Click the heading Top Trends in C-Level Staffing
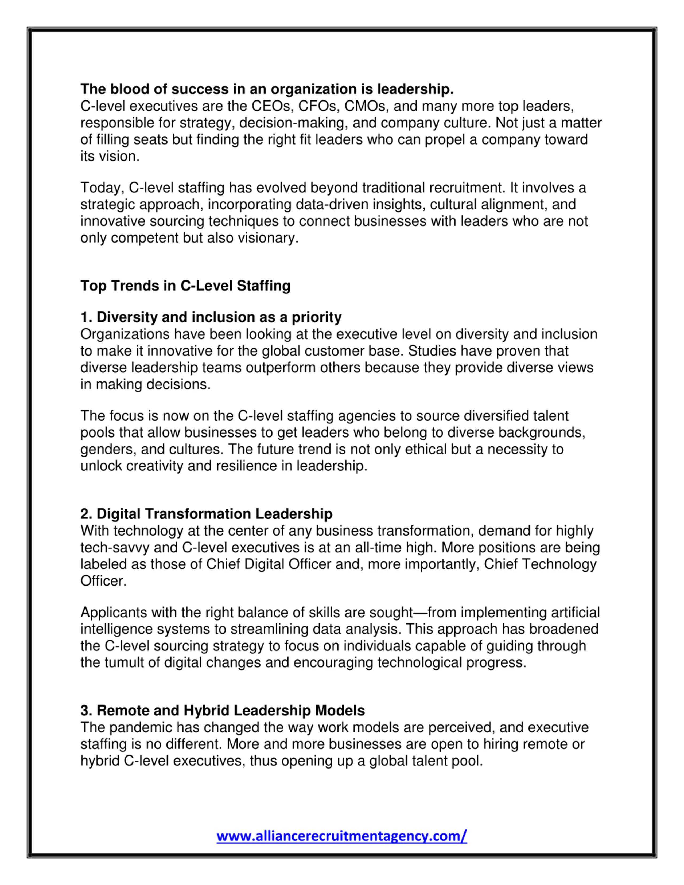pyautogui.click(x=185, y=286)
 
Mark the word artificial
pyautogui.click(x=575, y=612)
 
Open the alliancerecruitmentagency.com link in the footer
pyautogui.click(x=341, y=836)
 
